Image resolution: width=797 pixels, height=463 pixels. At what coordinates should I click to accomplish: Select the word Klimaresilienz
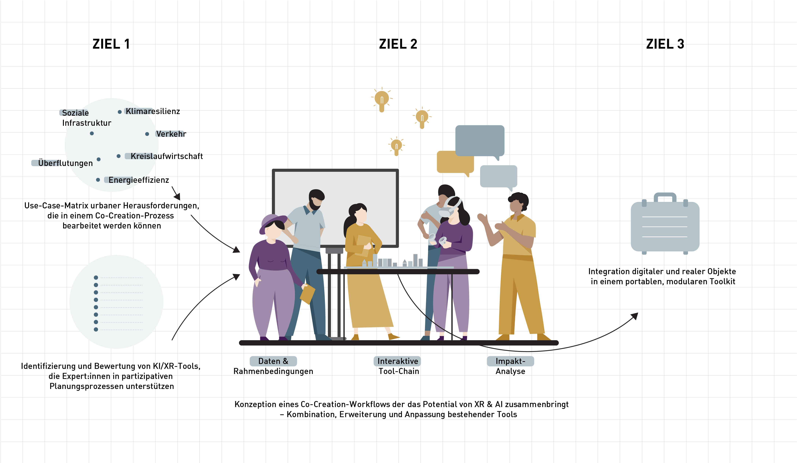pos(153,112)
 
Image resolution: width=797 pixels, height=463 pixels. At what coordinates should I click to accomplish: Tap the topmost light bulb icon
pos(382,99)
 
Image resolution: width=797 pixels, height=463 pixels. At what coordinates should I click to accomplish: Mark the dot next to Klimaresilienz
pos(119,112)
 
